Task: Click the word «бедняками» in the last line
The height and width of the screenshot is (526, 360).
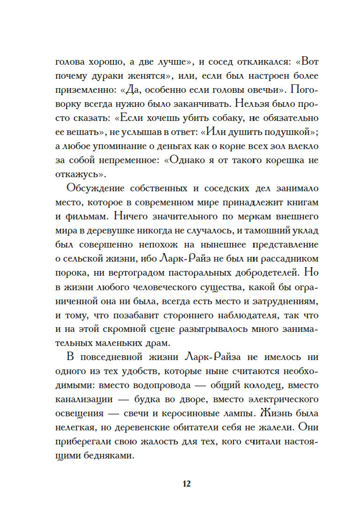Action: pos(108,454)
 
